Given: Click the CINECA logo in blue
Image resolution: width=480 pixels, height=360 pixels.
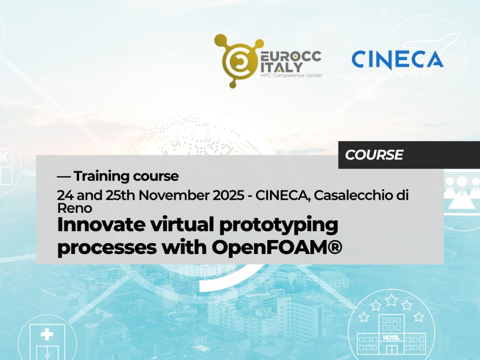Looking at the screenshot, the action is pos(397,60).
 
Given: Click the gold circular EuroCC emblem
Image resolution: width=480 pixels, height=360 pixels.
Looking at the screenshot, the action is pos(238,61).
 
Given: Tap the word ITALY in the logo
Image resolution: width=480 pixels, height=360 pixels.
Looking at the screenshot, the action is pos(281,67).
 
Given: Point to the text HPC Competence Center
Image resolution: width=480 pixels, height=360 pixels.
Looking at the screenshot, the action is pos(291,75).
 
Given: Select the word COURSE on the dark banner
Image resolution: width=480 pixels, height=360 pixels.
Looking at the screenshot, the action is pos(374,155).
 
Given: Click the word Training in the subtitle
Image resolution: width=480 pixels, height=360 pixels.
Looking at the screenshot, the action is pos(102,176).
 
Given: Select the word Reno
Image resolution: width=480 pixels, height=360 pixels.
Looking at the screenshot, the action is pos(75,208).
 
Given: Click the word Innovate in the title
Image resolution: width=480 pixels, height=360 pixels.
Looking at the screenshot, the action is pos(101,225).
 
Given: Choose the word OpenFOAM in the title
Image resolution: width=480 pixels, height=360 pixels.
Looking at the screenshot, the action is pos(270,247).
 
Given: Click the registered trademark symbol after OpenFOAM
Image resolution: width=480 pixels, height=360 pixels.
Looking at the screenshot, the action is pos(336,247).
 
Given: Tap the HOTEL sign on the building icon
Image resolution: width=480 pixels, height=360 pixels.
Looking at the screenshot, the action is pos(391,337).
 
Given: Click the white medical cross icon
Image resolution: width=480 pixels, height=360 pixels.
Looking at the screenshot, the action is pos(47,334).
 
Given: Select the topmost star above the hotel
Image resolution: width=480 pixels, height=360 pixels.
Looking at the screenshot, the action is pos(391,300).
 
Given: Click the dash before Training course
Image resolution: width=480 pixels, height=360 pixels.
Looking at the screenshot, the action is pos(64,177).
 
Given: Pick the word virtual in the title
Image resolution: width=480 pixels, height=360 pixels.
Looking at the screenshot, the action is pos(182,225).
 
